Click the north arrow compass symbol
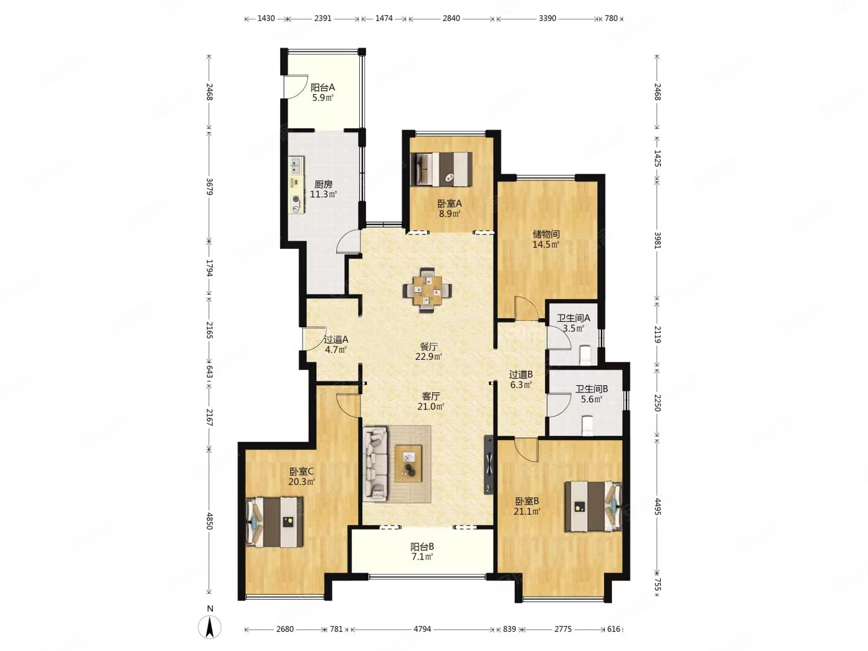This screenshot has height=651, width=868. pos(210,627)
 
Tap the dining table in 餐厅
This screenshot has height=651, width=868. pos(427,290)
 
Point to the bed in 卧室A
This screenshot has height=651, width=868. pos(441,169)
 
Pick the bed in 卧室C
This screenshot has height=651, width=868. pos(274,522)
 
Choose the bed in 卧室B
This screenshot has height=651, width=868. pos(593,506)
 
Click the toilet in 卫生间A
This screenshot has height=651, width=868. pos(584,354)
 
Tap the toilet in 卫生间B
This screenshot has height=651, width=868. pos(588,426)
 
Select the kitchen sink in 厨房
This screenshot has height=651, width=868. pos(296,165)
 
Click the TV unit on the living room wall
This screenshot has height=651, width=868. pos(489,465)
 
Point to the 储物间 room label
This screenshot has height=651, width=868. pos(546,234)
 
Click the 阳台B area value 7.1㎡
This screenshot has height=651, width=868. pos(421,557)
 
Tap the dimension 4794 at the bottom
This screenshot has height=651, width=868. pos(422,629)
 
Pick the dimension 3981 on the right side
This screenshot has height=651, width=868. pos(657,240)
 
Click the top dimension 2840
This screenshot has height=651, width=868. pos(451,18)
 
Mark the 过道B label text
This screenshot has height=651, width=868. pos(520,374)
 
